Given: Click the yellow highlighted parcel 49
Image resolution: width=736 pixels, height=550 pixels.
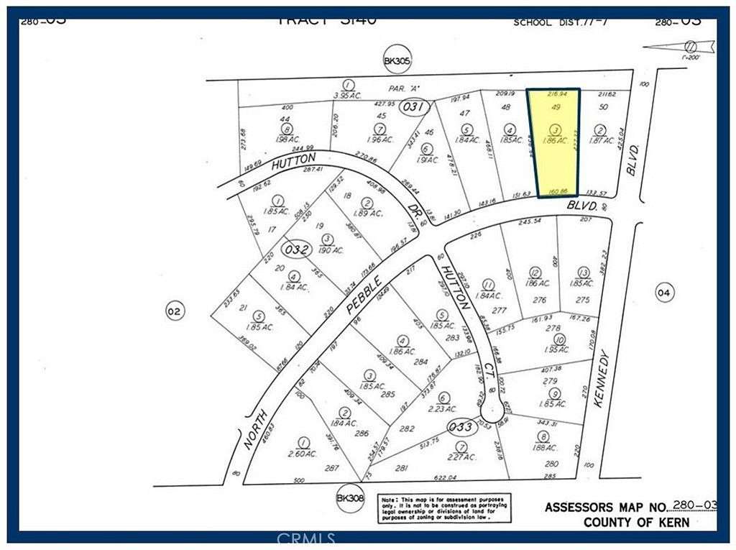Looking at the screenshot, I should [x=553, y=140].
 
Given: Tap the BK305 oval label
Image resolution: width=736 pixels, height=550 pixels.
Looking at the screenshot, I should [x=397, y=63].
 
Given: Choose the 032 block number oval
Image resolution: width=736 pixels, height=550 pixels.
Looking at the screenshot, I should [x=296, y=250].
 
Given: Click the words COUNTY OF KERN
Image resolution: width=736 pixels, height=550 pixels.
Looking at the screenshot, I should [x=635, y=523].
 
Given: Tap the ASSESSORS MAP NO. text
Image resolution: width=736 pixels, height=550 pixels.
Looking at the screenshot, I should [x=607, y=507].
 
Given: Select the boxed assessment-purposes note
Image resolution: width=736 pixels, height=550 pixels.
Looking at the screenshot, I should [x=445, y=508].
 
